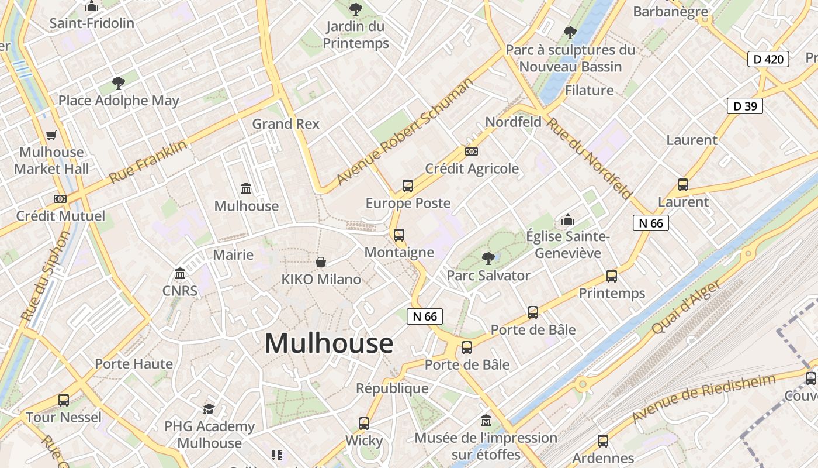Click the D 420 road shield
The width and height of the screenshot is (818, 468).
pyautogui.click(x=768, y=58)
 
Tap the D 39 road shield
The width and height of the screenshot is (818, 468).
pyautogui.click(x=745, y=106)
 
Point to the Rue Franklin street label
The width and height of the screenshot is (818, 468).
pyautogui.click(x=148, y=161)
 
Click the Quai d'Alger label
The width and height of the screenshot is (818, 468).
pyautogui.click(x=685, y=305)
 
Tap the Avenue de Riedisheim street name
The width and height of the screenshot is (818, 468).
pyautogui.click(x=703, y=398)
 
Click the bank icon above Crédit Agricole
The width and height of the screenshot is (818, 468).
pyautogui.click(x=472, y=152)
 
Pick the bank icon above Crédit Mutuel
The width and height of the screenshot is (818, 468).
pyautogui.click(x=60, y=199)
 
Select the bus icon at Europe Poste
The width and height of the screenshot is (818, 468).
pyautogui.click(x=408, y=186)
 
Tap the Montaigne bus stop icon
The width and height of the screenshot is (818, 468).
pyautogui.click(x=399, y=235)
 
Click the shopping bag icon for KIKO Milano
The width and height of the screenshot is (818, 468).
pyautogui.click(x=321, y=262)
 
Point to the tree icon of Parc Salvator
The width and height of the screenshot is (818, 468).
pyautogui.click(x=488, y=258)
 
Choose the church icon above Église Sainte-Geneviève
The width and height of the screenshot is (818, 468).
pyautogui.click(x=567, y=220)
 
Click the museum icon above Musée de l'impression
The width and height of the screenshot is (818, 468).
pyautogui.click(x=486, y=420)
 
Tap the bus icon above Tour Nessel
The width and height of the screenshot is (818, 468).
pyautogui.click(x=64, y=400)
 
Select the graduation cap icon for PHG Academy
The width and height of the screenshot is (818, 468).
pyautogui.click(x=209, y=409)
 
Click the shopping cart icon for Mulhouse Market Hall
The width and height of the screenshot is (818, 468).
pyautogui.click(x=51, y=135)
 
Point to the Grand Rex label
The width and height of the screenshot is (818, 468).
pyautogui.click(x=286, y=124)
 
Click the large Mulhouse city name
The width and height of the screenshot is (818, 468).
pyautogui.click(x=329, y=343)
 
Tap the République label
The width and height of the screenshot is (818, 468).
pyautogui.click(x=392, y=388)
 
